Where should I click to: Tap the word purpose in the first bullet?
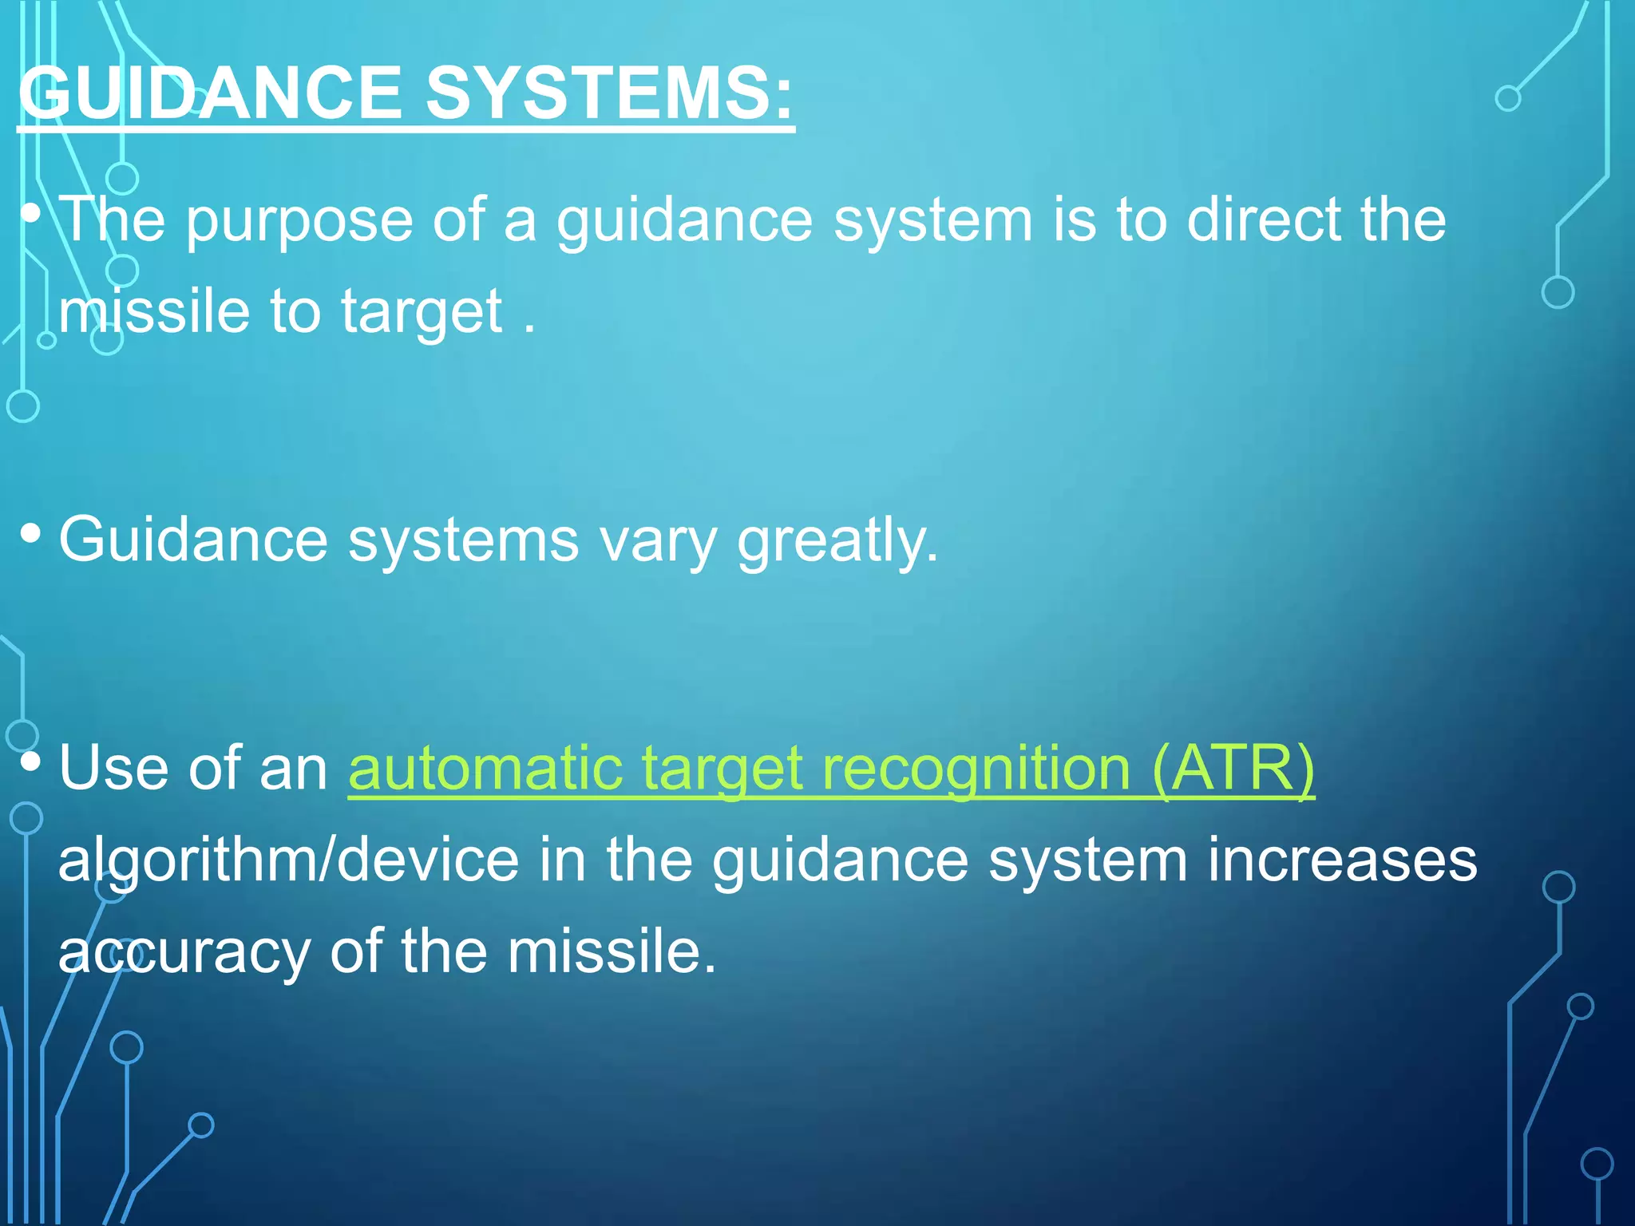pos(299,221)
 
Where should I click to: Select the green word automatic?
pos(485,769)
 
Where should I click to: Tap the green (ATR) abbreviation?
pos(1233,768)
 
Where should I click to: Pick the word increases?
pos(1342,860)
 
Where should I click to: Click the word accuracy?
pos(184,953)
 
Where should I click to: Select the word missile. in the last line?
pos(612,951)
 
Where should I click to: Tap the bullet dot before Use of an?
pos(30,761)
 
